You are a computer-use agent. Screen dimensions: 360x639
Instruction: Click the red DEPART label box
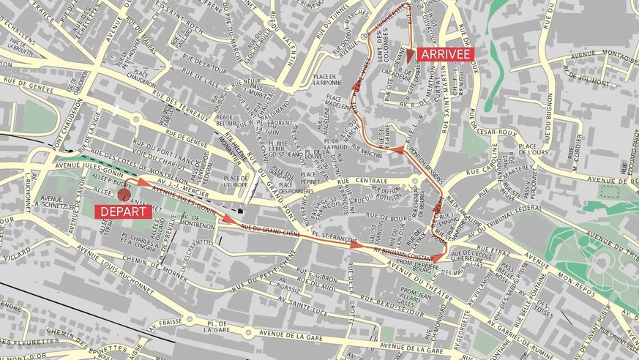pos(123,211)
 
